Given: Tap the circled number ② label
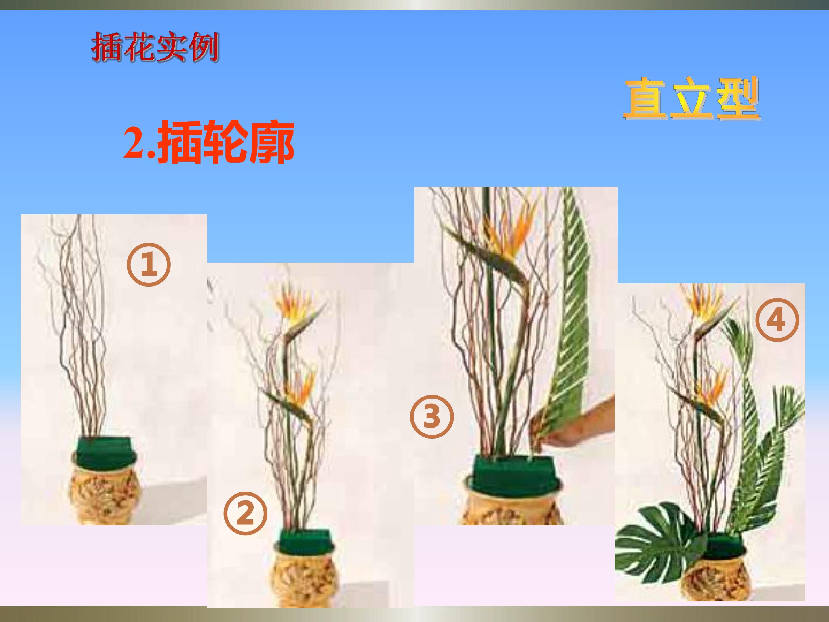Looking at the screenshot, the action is [x=246, y=513].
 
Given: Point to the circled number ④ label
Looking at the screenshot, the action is [x=777, y=320].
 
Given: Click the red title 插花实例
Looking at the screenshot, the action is [x=155, y=48].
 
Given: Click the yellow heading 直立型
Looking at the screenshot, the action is [x=692, y=98].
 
